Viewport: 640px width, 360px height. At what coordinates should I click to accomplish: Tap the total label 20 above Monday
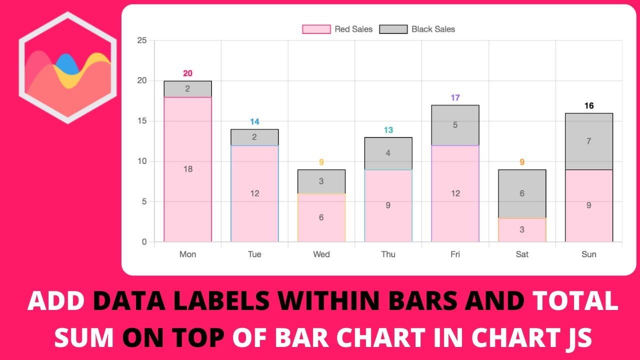(x=187, y=73)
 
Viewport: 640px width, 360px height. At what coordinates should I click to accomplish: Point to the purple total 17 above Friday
(x=455, y=98)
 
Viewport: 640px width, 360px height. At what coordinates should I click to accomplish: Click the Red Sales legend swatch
(x=316, y=29)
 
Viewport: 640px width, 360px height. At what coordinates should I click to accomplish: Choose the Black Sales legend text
(x=433, y=29)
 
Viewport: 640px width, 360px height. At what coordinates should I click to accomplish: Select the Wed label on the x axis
(x=321, y=254)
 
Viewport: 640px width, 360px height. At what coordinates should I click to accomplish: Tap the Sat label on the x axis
(x=522, y=254)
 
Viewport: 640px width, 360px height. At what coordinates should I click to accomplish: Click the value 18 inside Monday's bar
(x=187, y=169)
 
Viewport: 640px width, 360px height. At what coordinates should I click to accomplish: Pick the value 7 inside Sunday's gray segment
(x=588, y=141)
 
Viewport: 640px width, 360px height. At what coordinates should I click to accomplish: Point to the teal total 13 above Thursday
(x=388, y=130)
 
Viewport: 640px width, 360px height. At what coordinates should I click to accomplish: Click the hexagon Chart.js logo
(x=67, y=67)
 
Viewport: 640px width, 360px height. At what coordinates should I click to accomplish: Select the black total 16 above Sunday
(x=588, y=106)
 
